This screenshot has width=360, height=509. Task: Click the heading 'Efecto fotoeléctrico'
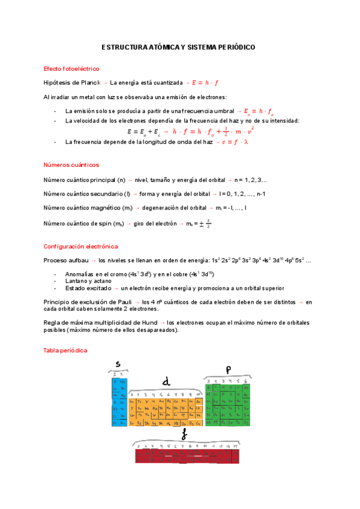pos(71,69)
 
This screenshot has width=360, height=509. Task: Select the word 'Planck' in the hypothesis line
pos(88,82)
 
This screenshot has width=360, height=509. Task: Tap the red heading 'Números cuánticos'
pos(71,164)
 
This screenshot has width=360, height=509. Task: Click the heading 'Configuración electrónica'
pos(80,246)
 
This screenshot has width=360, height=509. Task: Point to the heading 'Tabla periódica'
pos(65,350)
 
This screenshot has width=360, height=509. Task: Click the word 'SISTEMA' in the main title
pos(205,47)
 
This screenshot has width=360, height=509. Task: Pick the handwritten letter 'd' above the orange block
pos(166,381)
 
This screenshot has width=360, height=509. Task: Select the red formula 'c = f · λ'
pos(235,142)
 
